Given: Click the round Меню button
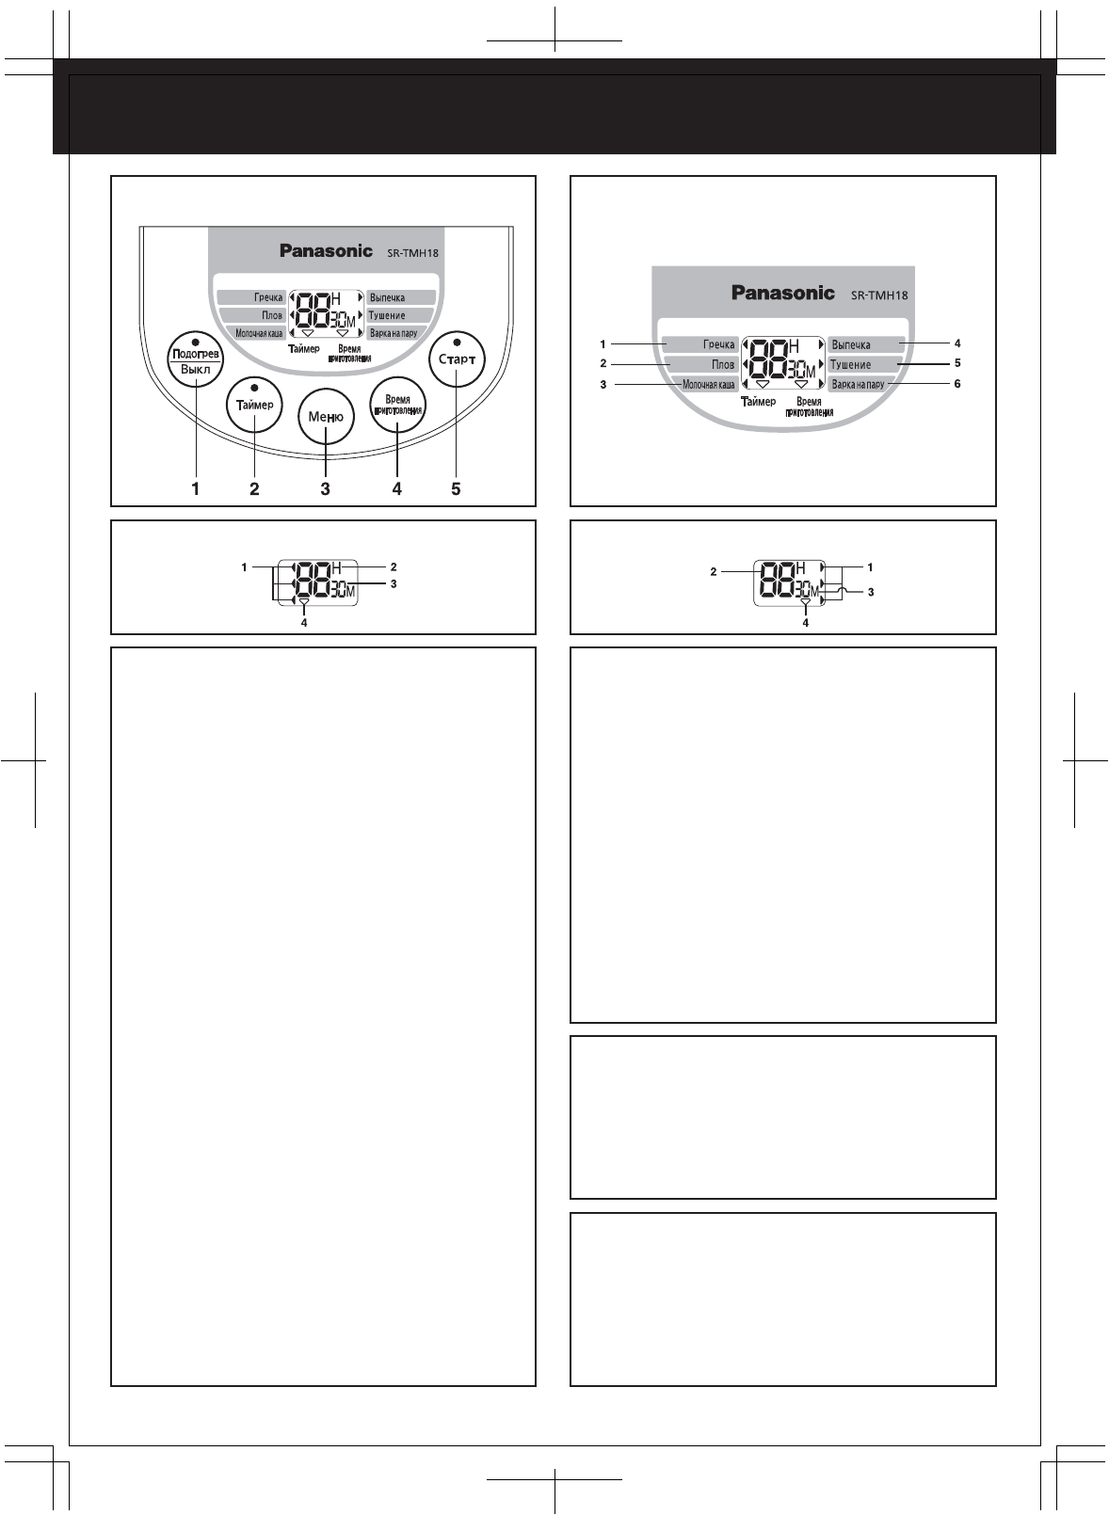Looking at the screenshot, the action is pos(326,417).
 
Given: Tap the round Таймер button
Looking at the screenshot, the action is pos(254,405).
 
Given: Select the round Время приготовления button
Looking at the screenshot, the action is pos(397,405).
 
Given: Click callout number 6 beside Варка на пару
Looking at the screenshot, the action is pos(957,384).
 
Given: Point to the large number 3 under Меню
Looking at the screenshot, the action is pos(326,488).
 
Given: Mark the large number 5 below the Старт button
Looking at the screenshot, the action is pos(456,488).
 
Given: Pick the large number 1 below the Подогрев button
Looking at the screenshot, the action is pos(196,488).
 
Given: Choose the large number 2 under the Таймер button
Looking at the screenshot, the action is pos(254,488).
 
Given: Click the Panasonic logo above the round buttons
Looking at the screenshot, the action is pos(326,251).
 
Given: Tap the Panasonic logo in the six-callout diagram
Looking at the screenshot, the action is pos(783,293).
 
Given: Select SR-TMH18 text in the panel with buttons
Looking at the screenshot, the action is pos(412,253).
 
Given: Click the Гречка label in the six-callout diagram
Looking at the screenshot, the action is pos(718,344).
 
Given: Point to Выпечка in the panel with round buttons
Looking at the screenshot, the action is pos(387,297).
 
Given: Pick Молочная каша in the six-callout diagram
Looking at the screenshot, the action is pos(708,385).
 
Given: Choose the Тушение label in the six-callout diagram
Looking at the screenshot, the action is pos(850,364).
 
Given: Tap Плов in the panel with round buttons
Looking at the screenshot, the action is pos(272,315).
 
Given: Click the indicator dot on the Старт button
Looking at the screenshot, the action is pos(457,341).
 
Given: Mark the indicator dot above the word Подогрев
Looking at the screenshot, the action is pos(195,340).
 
